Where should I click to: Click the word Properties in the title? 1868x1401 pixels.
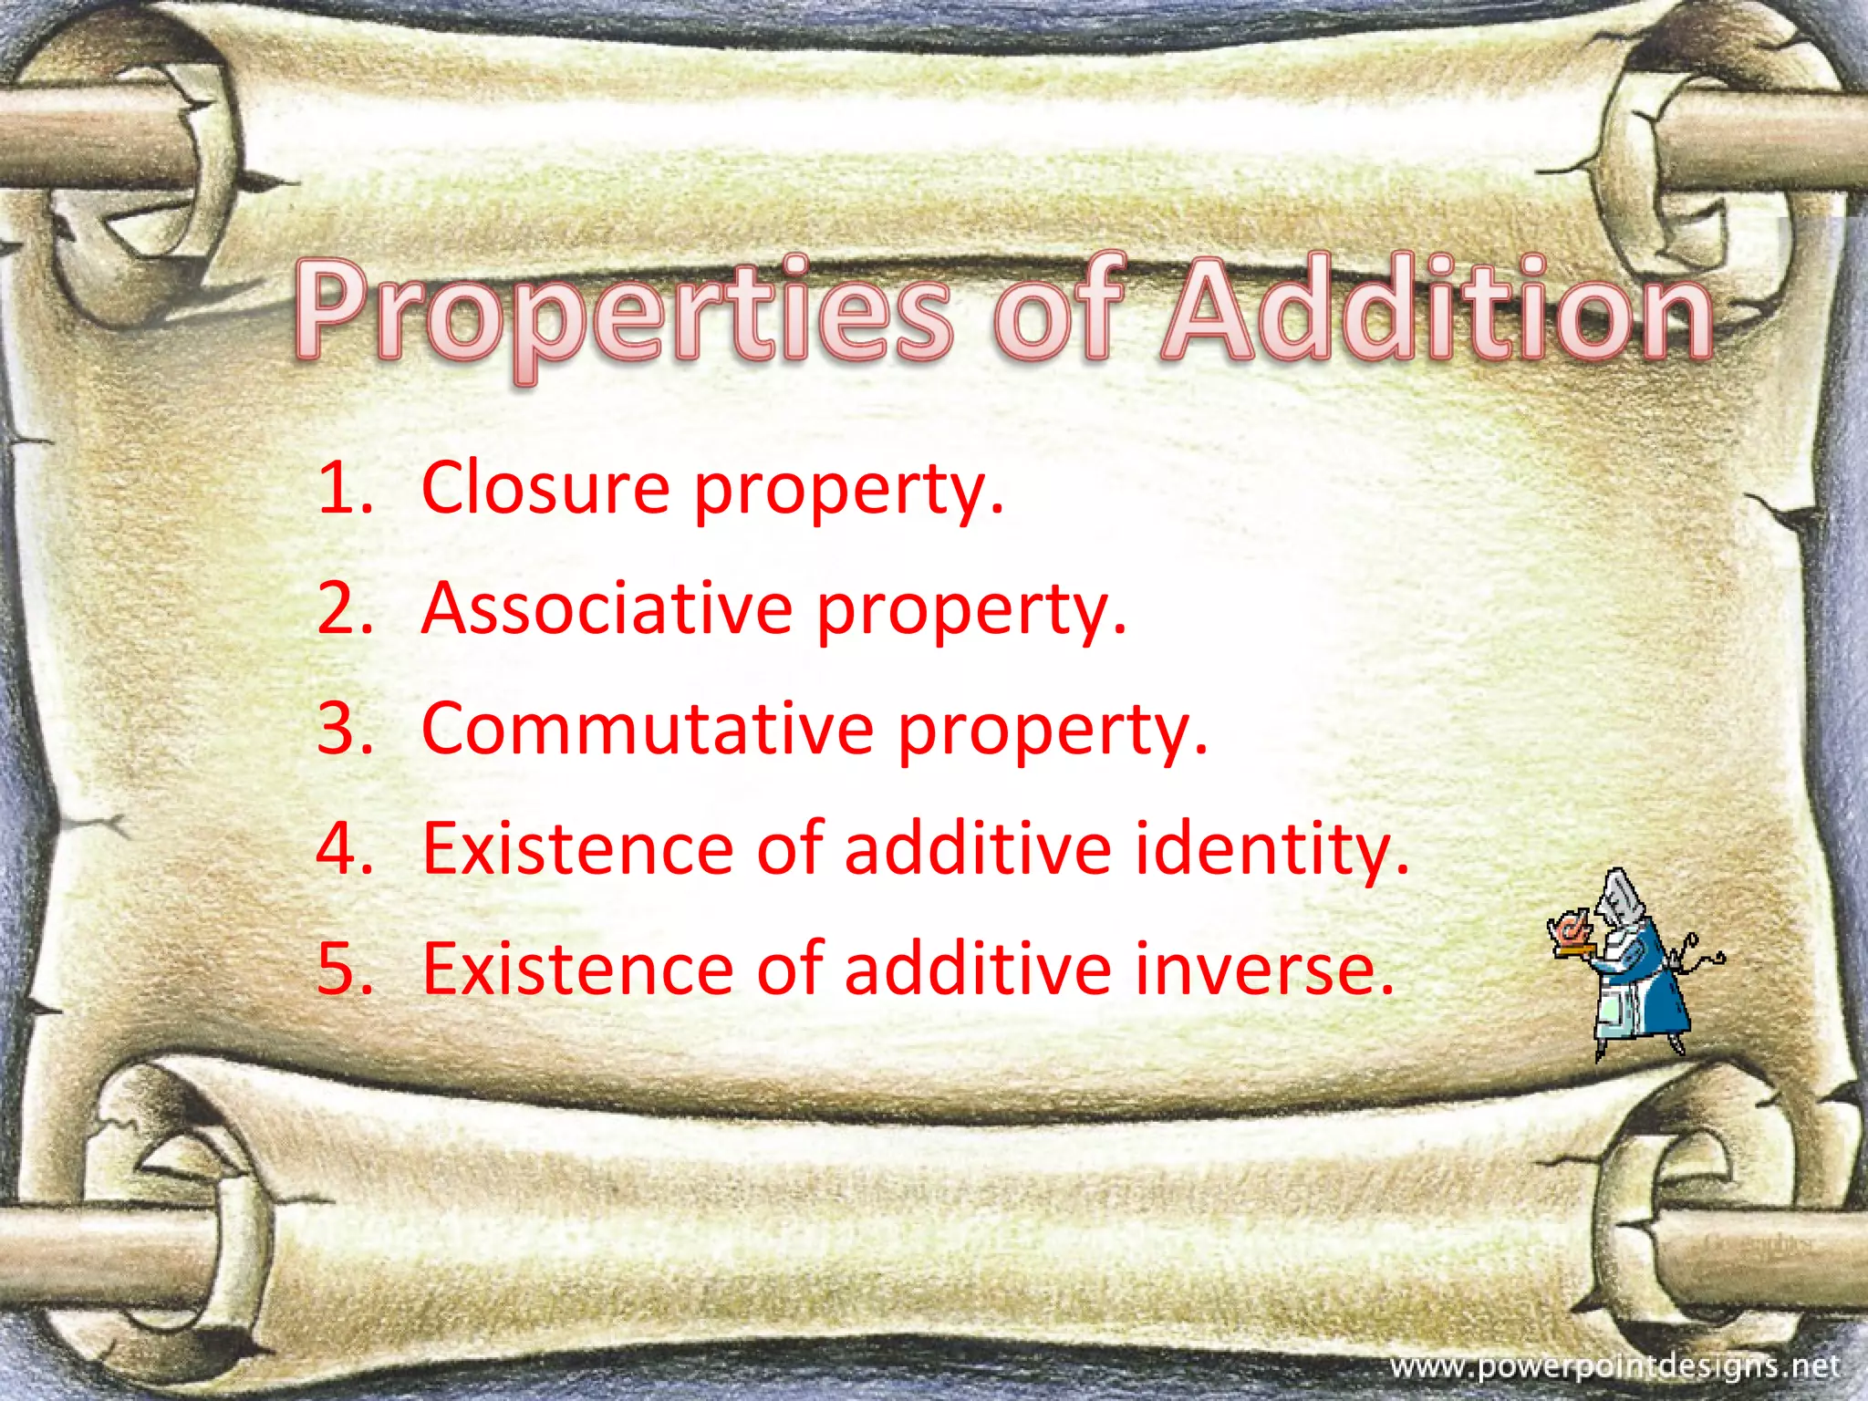coord(620,310)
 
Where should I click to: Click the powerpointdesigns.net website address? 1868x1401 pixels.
coord(1614,1366)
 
